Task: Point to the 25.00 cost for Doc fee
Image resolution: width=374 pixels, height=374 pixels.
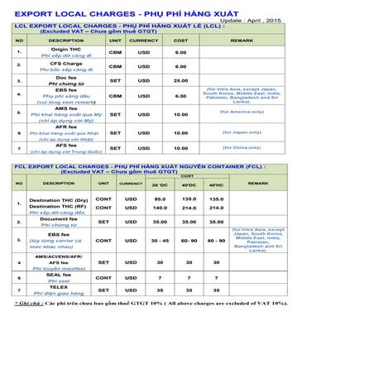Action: pos(180,80)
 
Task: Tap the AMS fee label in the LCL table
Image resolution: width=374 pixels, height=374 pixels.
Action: pos(65,108)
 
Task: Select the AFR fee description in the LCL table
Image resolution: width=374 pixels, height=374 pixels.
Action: pos(65,127)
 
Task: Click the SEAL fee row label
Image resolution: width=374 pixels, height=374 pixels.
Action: pos(59,274)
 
